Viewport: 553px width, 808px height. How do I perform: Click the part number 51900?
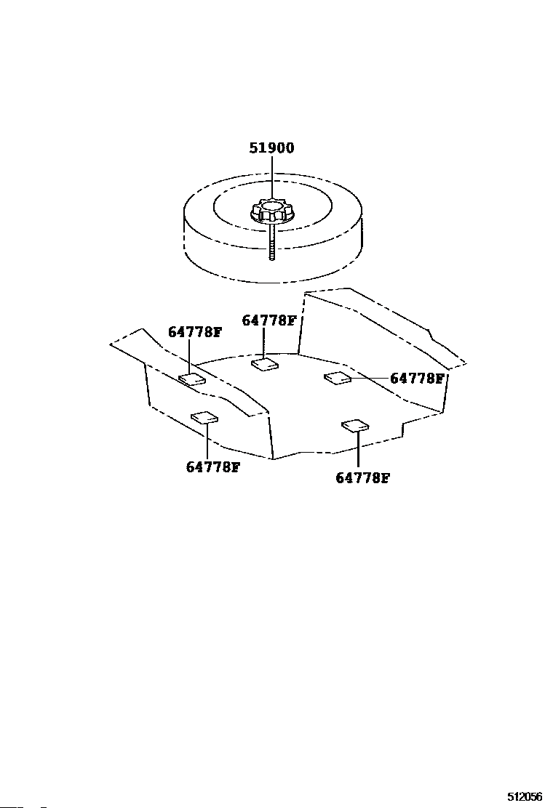pos(271,148)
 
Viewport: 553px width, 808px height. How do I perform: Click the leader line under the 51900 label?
pos(271,178)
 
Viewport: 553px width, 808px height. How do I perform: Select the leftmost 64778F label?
pos(194,332)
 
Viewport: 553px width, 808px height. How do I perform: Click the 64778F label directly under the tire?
pos(268,320)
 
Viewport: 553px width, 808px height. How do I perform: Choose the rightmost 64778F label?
pos(417,379)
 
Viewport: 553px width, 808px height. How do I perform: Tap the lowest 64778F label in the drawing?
pos(362,478)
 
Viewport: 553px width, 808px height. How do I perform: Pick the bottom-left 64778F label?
pos(212,466)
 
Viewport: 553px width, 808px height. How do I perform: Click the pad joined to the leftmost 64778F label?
pos(192,379)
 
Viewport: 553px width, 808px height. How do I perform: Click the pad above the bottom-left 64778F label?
pos(204,417)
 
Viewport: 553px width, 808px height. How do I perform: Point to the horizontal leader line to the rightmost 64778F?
pos(370,378)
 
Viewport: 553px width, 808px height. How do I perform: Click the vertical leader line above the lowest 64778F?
pos(358,451)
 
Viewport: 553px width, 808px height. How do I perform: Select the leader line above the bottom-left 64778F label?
pos(207,440)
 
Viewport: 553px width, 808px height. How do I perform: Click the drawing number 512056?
pos(525,796)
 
